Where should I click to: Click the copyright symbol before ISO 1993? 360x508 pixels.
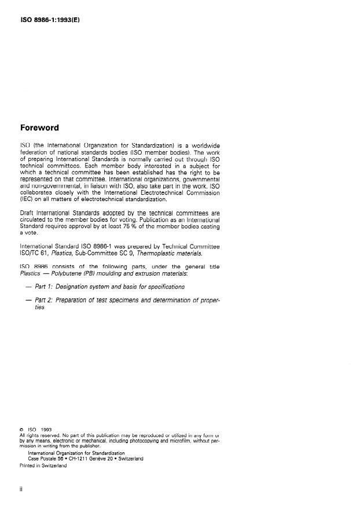[x=21, y=429]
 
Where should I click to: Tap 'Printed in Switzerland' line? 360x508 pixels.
[x=43, y=465]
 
